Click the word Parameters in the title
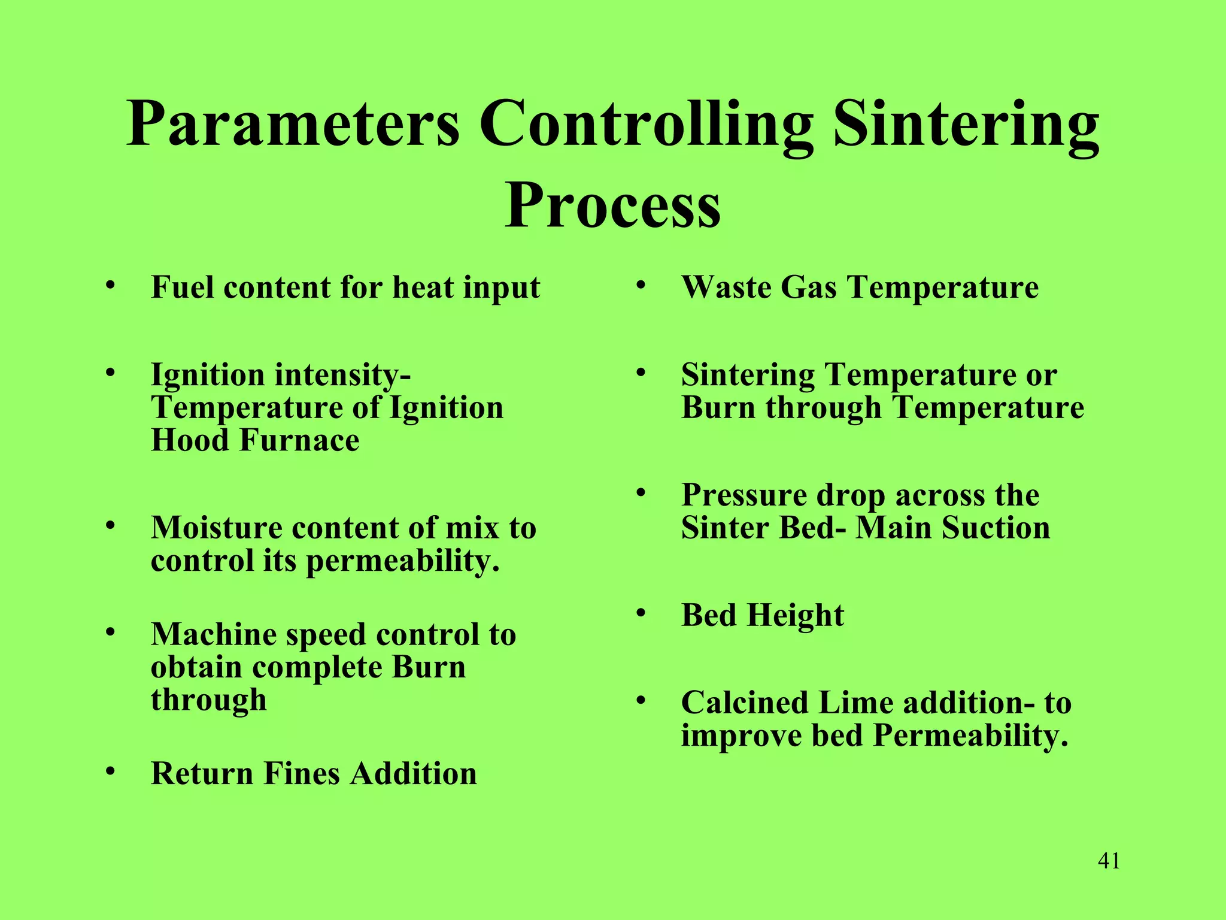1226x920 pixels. point(293,125)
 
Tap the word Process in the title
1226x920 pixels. point(612,205)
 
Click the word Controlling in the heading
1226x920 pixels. point(646,125)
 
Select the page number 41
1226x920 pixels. point(1109,861)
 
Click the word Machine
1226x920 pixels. point(214,635)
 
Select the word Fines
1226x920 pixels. point(302,773)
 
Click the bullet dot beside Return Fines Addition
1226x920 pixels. point(110,771)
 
